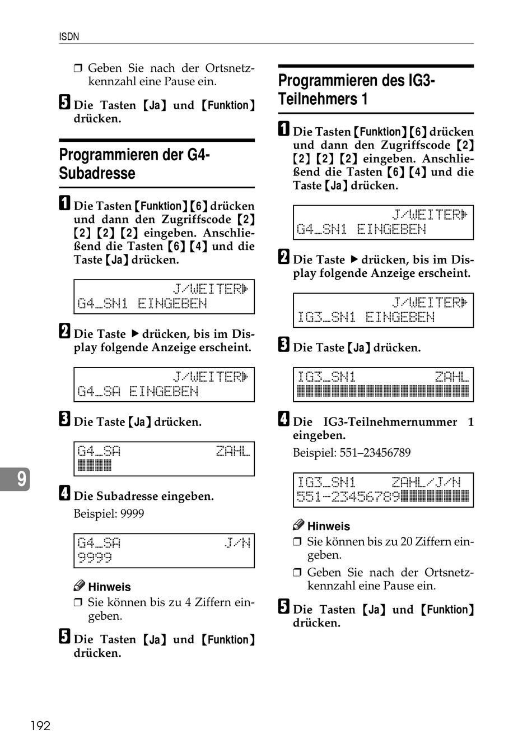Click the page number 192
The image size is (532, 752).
(x=40, y=726)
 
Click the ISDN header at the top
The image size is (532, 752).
(x=69, y=37)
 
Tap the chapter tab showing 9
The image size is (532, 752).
(x=20, y=479)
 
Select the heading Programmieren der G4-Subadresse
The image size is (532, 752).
(x=134, y=164)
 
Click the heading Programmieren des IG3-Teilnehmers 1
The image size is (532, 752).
(x=357, y=90)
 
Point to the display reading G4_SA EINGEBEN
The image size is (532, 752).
(x=164, y=384)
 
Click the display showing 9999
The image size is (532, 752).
(x=164, y=550)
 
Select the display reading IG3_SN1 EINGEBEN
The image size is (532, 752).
(x=383, y=310)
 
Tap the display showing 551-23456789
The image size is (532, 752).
(x=383, y=490)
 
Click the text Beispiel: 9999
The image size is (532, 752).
(x=109, y=513)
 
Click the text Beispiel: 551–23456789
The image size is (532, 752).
(x=352, y=452)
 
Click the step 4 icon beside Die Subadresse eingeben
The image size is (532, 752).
(x=65, y=493)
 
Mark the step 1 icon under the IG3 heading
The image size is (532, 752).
(x=284, y=129)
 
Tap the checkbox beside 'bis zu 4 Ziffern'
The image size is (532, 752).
(x=78, y=602)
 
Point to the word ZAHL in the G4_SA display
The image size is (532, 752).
(x=233, y=451)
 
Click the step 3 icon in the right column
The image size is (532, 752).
(x=284, y=345)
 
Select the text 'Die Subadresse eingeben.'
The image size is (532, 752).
(x=144, y=496)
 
